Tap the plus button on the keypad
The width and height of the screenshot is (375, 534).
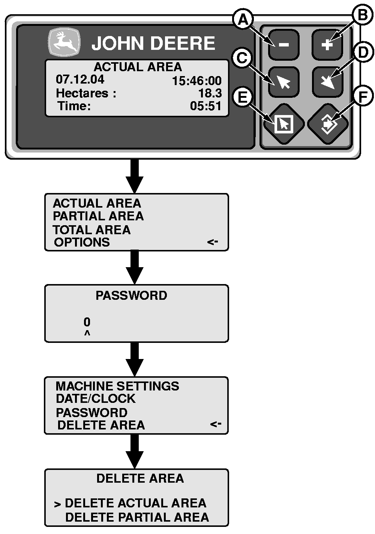[x=327, y=45]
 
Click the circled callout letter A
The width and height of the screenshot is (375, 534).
[x=243, y=19]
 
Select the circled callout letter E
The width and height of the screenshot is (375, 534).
[x=243, y=97]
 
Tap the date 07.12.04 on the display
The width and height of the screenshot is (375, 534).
[x=80, y=79]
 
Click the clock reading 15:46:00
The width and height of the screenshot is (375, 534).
[x=196, y=81]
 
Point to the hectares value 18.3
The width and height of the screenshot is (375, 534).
[x=210, y=93]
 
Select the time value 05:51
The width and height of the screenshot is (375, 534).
[x=205, y=106]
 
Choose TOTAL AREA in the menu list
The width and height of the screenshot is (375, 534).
[x=91, y=230]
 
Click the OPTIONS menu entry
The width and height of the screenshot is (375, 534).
[x=82, y=242]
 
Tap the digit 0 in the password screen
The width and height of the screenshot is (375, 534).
[x=87, y=322]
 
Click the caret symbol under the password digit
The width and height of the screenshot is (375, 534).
[x=87, y=333]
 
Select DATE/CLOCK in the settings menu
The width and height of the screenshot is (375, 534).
[x=95, y=399]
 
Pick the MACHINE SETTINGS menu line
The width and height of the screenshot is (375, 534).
[x=117, y=386]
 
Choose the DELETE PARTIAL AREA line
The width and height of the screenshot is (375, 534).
[x=137, y=518]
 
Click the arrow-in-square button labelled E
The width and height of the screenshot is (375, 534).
[x=283, y=124]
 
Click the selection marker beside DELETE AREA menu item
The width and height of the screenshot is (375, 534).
[x=216, y=424]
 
